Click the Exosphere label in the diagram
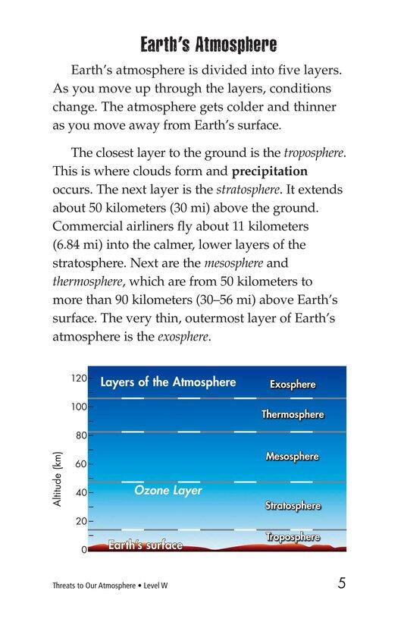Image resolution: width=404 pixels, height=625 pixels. click(293, 385)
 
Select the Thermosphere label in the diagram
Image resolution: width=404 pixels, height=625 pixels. click(293, 415)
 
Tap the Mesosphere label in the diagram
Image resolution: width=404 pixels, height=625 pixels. click(293, 457)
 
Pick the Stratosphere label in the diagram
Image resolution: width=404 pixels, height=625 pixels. click(293, 506)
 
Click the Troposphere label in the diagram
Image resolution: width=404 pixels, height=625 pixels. click(293, 537)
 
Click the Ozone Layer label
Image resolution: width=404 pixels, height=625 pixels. click(168, 491)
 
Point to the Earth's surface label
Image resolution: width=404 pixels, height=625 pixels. click(146, 545)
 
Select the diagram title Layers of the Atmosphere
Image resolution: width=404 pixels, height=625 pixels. click(168, 382)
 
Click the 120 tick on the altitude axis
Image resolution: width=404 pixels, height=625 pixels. click(80, 378)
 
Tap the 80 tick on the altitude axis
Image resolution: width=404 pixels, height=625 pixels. click(81, 435)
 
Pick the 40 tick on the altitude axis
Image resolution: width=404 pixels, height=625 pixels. click(81, 492)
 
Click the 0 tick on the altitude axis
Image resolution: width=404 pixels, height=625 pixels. click(83, 550)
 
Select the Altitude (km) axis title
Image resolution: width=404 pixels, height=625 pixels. click(56, 480)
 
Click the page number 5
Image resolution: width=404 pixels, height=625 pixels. click(342, 584)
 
